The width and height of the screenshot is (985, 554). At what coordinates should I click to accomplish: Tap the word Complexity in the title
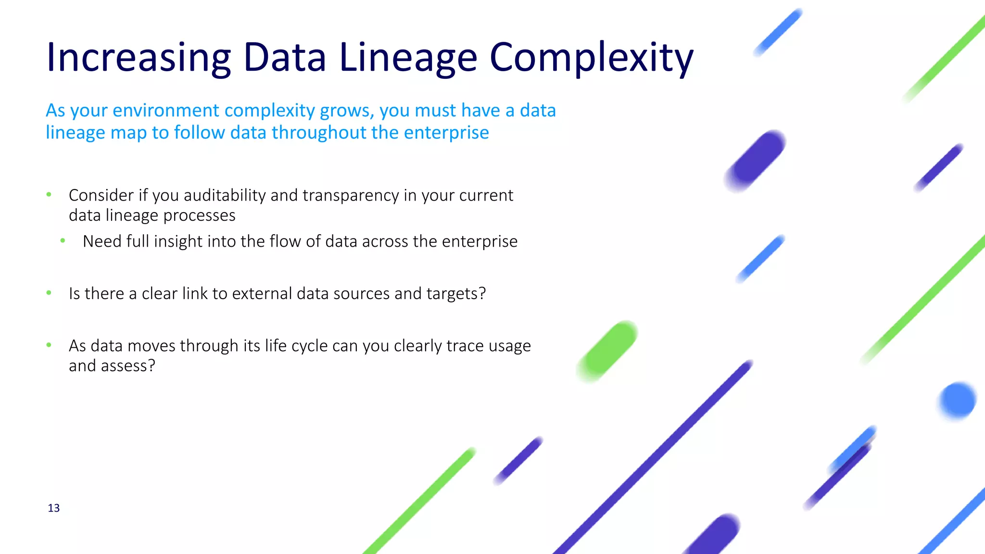pos(591,58)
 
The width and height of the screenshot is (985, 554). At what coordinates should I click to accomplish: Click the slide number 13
pos(54,508)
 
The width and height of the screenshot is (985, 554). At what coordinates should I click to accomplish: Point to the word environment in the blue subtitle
pos(166,111)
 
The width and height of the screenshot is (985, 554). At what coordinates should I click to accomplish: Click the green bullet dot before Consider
pos(49,195)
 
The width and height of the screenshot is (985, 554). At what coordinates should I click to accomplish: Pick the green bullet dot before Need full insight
pos(63,240)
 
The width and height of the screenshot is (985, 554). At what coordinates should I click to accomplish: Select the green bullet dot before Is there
pos(49,293)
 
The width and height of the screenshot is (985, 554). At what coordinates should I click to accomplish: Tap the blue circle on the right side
pos(958,400)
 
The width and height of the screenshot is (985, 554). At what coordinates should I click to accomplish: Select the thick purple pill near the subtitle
pos(756,161)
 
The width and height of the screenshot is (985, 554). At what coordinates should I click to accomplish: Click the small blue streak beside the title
pos(778,32)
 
